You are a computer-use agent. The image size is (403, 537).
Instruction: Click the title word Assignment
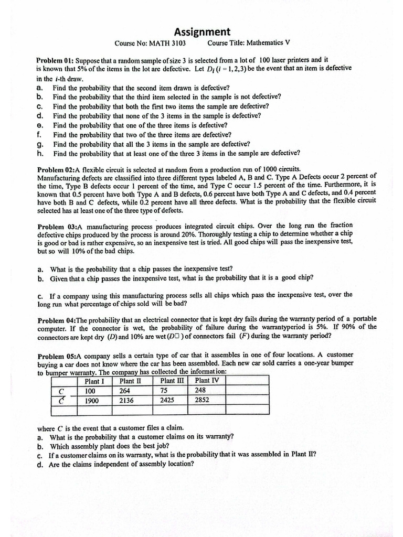202,32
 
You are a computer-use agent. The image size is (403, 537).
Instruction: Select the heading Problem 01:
57,60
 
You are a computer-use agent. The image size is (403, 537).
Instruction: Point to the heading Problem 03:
57,226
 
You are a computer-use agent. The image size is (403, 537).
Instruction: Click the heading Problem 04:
57,319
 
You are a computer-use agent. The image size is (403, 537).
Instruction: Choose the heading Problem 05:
57,355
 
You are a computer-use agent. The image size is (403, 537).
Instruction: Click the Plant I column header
94,381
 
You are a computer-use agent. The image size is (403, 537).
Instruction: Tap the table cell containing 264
125,391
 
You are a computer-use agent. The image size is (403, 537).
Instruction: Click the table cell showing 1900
93,401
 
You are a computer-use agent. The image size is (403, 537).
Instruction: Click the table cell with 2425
168,401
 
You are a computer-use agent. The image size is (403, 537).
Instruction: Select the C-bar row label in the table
61,401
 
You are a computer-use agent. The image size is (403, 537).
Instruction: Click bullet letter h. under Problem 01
40,154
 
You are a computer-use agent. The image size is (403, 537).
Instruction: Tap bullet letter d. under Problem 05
40,464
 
